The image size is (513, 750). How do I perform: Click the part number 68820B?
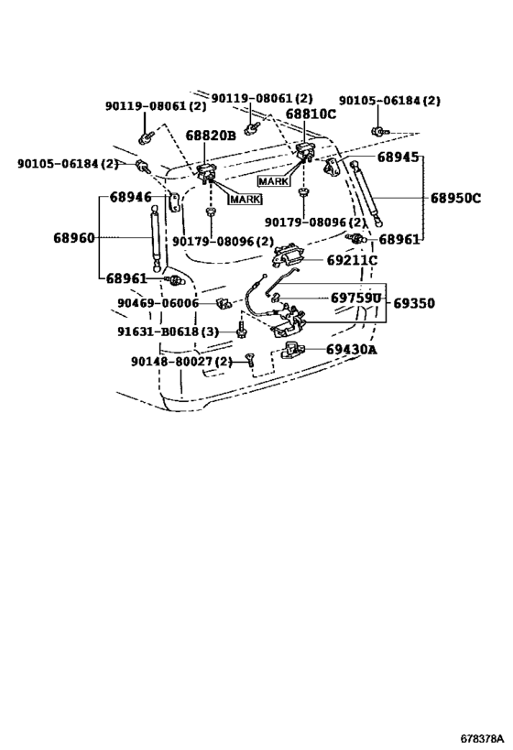[211, 136]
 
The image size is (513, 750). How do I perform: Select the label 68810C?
[311, 114]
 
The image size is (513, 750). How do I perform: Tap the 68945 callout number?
[398, 157]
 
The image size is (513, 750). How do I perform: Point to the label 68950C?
[455, 198]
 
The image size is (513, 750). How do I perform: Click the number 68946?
[131, 197]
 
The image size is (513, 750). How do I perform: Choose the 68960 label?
[74, 238]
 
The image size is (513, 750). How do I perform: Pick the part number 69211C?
[352, 261]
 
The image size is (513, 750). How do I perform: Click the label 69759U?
[356, 299]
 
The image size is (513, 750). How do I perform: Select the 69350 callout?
[414, 303]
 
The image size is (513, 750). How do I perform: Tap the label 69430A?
[351, 350]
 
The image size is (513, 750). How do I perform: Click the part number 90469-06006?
[158, 303]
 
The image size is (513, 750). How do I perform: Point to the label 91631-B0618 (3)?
[168, 332]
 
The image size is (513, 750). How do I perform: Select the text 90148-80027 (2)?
[181, 362]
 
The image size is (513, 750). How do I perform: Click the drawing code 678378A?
[483, 737]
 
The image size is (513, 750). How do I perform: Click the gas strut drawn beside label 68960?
[155, 239]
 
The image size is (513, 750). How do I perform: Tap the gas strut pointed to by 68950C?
[367, 194]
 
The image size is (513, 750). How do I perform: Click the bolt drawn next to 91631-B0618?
[241, 330]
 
